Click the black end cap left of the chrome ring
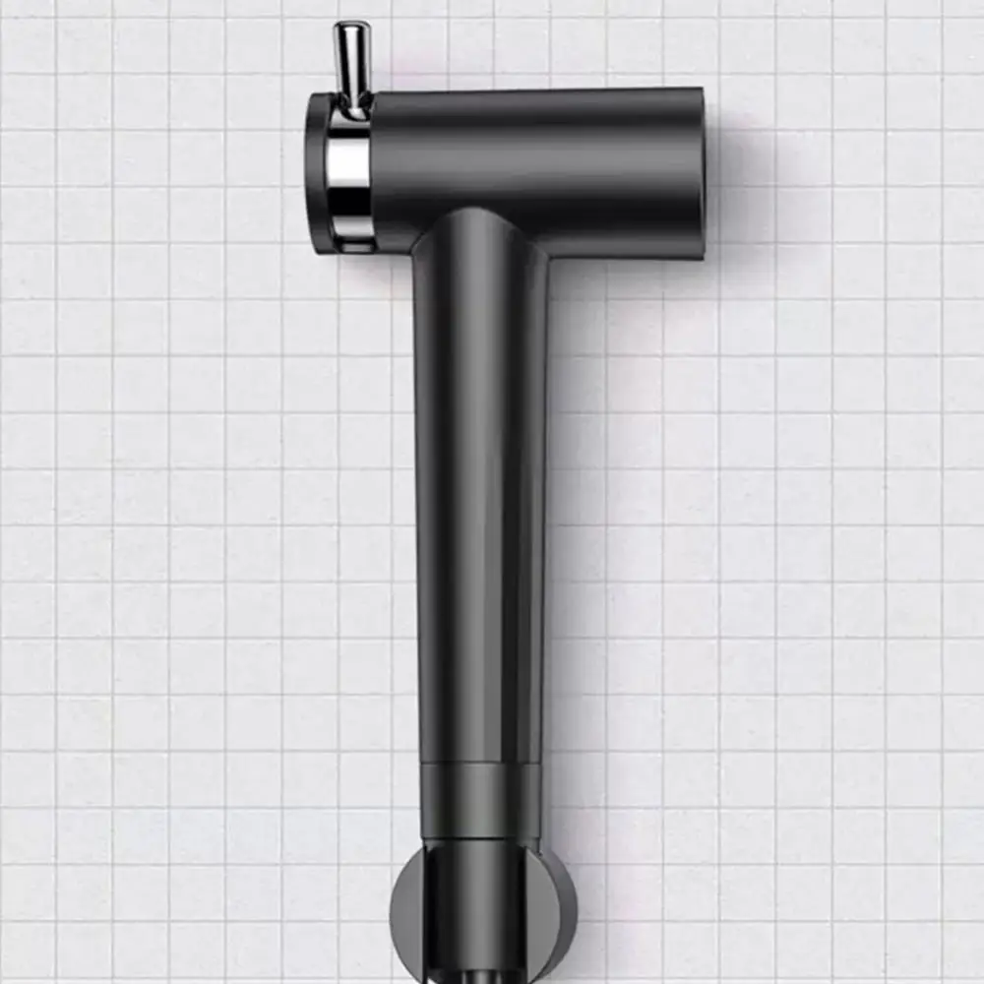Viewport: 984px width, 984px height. tap(317, 172)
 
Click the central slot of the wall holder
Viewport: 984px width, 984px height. tap(481, 905)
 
